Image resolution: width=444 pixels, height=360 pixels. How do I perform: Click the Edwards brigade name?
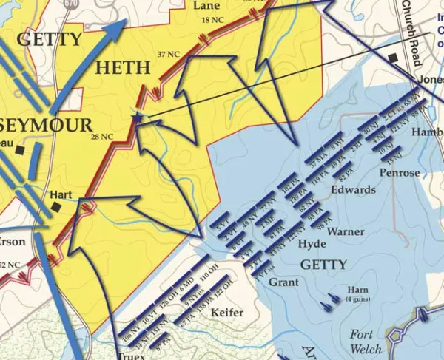[x=353, y=190]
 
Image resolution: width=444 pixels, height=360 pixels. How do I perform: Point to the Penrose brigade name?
[x=398, y=174]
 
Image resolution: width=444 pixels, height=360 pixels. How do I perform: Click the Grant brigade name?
[x=283, y=282]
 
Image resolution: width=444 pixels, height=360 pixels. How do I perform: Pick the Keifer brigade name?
[x=227, y=313]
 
